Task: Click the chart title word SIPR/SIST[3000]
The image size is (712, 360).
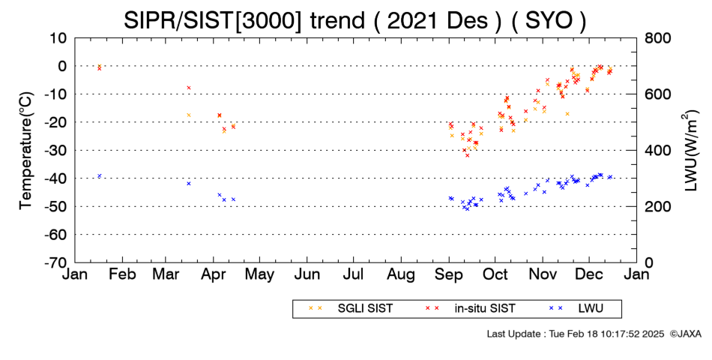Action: coord(212,20)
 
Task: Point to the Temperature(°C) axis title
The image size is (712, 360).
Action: coord(26,151)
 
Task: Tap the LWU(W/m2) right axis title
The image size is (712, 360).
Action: coord(690,151)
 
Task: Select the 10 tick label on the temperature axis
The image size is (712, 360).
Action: coord(58,38)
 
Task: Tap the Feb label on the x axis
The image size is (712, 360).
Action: coord(122,274)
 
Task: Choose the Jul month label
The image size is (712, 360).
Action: coord(353,274)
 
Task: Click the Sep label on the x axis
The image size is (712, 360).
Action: coord(449,275)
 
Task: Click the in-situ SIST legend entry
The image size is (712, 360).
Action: coord(470,309)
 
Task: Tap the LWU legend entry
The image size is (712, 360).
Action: coord(576,309)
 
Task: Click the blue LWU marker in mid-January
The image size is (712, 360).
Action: coord(100,176)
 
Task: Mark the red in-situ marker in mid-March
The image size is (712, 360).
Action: coord(189,88)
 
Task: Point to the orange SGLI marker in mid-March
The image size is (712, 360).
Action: coord(189,115)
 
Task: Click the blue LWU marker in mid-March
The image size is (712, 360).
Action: coord(189,183)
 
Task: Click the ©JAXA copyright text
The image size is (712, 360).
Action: coord(685,334)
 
